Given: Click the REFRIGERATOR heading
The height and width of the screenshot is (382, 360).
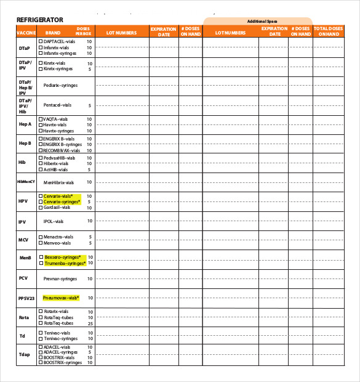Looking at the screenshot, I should [39, 20].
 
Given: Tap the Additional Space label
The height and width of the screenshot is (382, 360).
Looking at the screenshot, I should [262, 21].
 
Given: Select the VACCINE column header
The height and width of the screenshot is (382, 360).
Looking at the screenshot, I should [26, 32].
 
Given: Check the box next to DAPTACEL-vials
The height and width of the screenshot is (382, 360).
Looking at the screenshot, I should [41, 41].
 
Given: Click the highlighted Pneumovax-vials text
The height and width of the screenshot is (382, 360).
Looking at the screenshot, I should [61, 298].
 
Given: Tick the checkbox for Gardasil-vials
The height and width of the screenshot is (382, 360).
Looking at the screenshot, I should [41, 207].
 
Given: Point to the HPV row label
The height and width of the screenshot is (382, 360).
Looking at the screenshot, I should [23, 201].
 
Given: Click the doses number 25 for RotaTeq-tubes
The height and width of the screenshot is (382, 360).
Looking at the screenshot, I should [90, 323].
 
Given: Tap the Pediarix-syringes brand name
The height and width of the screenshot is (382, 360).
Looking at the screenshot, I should [60, 86].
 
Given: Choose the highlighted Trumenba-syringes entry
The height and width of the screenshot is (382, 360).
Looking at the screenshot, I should [64, 263].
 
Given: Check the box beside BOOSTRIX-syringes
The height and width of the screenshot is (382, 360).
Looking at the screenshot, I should [41, 362].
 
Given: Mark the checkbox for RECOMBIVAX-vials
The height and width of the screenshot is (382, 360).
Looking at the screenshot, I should [41, 150].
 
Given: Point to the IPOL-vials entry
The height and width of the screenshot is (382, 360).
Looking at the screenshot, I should [53, 221].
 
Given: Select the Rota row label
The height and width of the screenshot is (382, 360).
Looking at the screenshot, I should [23, 317].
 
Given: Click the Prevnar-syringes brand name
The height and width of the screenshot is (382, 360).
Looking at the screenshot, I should [60, 278].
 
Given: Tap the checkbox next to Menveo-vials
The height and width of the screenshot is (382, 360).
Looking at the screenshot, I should [41, 243].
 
